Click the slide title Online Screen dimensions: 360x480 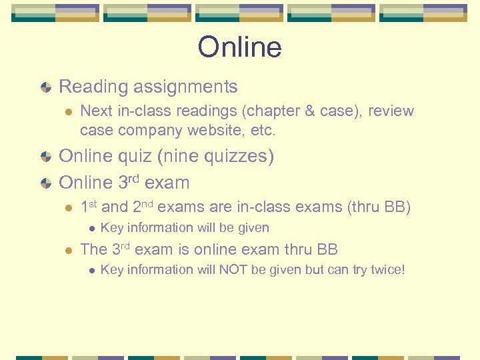pos(239,47)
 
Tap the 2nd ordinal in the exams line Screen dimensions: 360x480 pos(143,207)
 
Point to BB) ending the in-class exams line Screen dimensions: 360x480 pos(397,207)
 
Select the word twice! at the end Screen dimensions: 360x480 pos(385,270)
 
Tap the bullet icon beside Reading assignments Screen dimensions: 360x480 pos(44,87)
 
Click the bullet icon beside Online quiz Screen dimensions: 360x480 pos(44,157)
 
